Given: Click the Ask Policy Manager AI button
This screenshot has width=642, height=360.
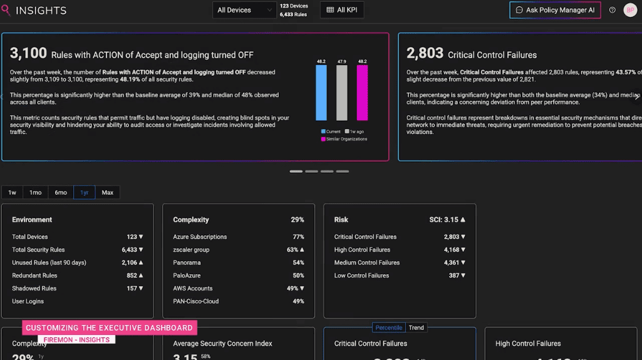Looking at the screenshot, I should [555, 10].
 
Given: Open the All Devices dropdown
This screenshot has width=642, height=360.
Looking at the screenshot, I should [244, 10].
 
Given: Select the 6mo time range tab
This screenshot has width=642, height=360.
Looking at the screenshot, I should [61, 192].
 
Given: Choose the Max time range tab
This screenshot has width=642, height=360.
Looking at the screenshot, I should [108, 192].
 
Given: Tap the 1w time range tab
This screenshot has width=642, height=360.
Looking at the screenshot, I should [13, 192].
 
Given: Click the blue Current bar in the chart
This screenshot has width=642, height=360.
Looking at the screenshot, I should [321, 93].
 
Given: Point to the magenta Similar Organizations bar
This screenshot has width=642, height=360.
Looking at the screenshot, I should [362, 93].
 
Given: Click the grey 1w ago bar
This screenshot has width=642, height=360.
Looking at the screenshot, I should [341, 93].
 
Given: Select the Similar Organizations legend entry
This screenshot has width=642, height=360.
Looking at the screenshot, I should [346, 139].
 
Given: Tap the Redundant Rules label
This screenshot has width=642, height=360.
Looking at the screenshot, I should [34, 275].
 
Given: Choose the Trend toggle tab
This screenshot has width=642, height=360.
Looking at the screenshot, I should [416, 327].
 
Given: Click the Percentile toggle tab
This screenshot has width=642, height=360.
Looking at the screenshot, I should [388, 327].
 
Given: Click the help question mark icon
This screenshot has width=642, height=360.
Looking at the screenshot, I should [613, 10].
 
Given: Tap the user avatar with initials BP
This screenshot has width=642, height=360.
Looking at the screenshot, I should [630, 10].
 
